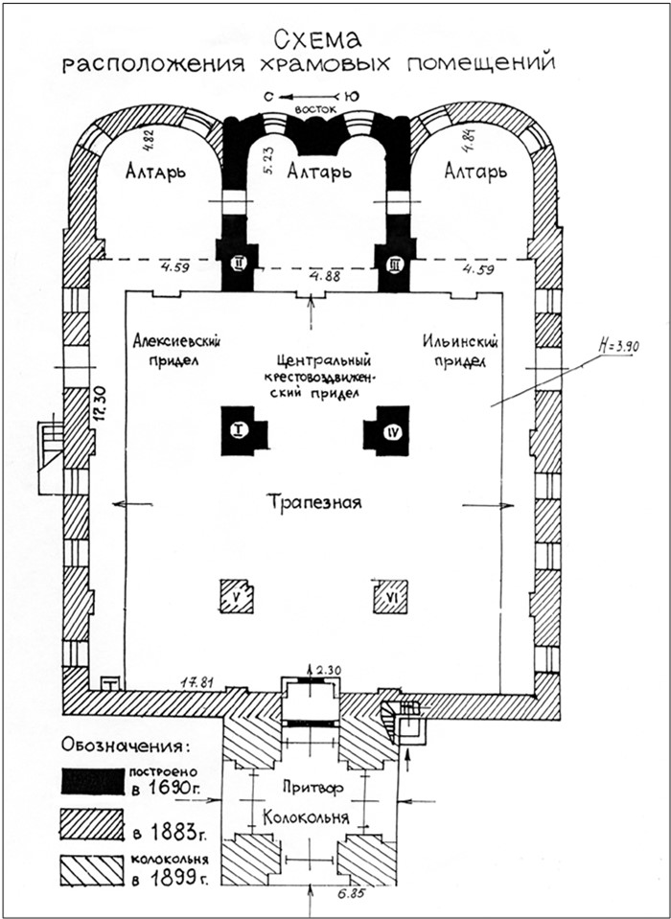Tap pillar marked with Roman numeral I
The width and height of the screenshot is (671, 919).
[243, 429]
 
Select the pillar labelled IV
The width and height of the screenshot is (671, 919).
[386, 429]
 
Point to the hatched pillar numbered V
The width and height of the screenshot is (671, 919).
[237, 596]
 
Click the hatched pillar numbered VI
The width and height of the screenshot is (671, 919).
[391, 596]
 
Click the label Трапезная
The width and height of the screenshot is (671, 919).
[314, 503]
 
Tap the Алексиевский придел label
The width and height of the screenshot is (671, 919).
[173, 350]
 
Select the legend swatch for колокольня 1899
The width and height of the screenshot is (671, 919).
[93, 870]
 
